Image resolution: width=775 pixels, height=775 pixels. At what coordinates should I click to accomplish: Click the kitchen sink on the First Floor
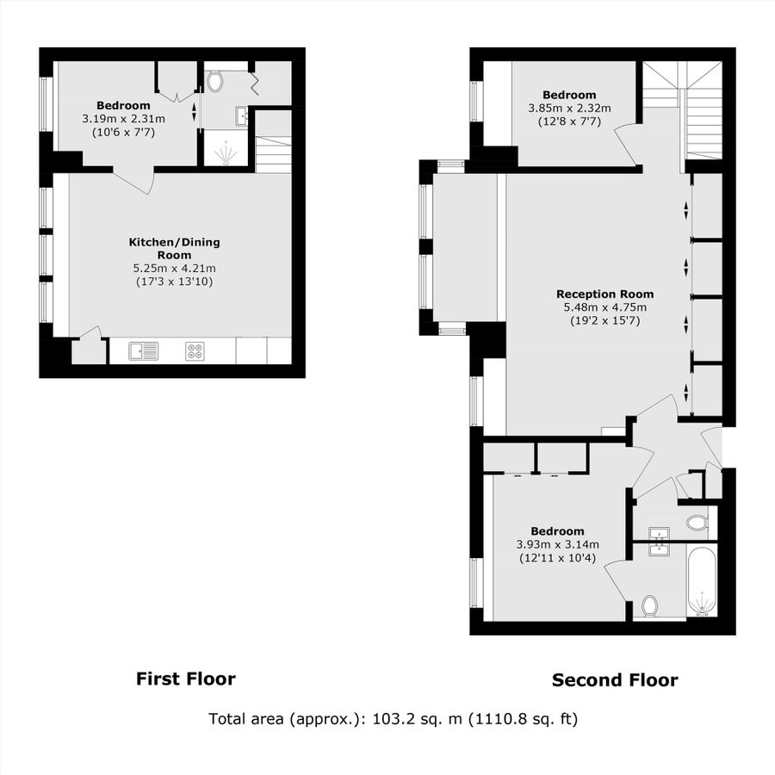144,350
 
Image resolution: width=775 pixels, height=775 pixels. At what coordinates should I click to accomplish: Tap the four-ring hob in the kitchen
195,350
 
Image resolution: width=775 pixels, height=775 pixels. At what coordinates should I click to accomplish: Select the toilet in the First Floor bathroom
215,82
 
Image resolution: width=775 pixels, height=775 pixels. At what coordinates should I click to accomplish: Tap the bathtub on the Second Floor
702,583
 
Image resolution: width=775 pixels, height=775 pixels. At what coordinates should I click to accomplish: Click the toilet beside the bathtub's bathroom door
650,606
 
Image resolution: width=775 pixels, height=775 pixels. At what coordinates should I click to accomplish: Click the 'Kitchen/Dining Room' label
175,249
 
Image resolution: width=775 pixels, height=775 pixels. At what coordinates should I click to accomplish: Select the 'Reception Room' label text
604,294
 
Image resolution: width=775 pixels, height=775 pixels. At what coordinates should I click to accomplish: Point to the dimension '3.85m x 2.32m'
569,108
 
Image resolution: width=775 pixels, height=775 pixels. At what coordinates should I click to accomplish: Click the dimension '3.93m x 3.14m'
557,544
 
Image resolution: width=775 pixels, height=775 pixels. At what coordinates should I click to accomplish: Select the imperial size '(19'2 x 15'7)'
604,320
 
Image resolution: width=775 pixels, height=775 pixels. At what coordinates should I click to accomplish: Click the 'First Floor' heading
185,679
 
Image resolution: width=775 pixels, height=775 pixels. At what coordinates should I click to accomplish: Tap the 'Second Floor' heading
615,680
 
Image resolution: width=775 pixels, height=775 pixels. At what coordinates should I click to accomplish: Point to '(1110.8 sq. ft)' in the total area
523,718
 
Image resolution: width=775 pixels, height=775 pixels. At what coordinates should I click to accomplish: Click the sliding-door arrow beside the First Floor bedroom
194,111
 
